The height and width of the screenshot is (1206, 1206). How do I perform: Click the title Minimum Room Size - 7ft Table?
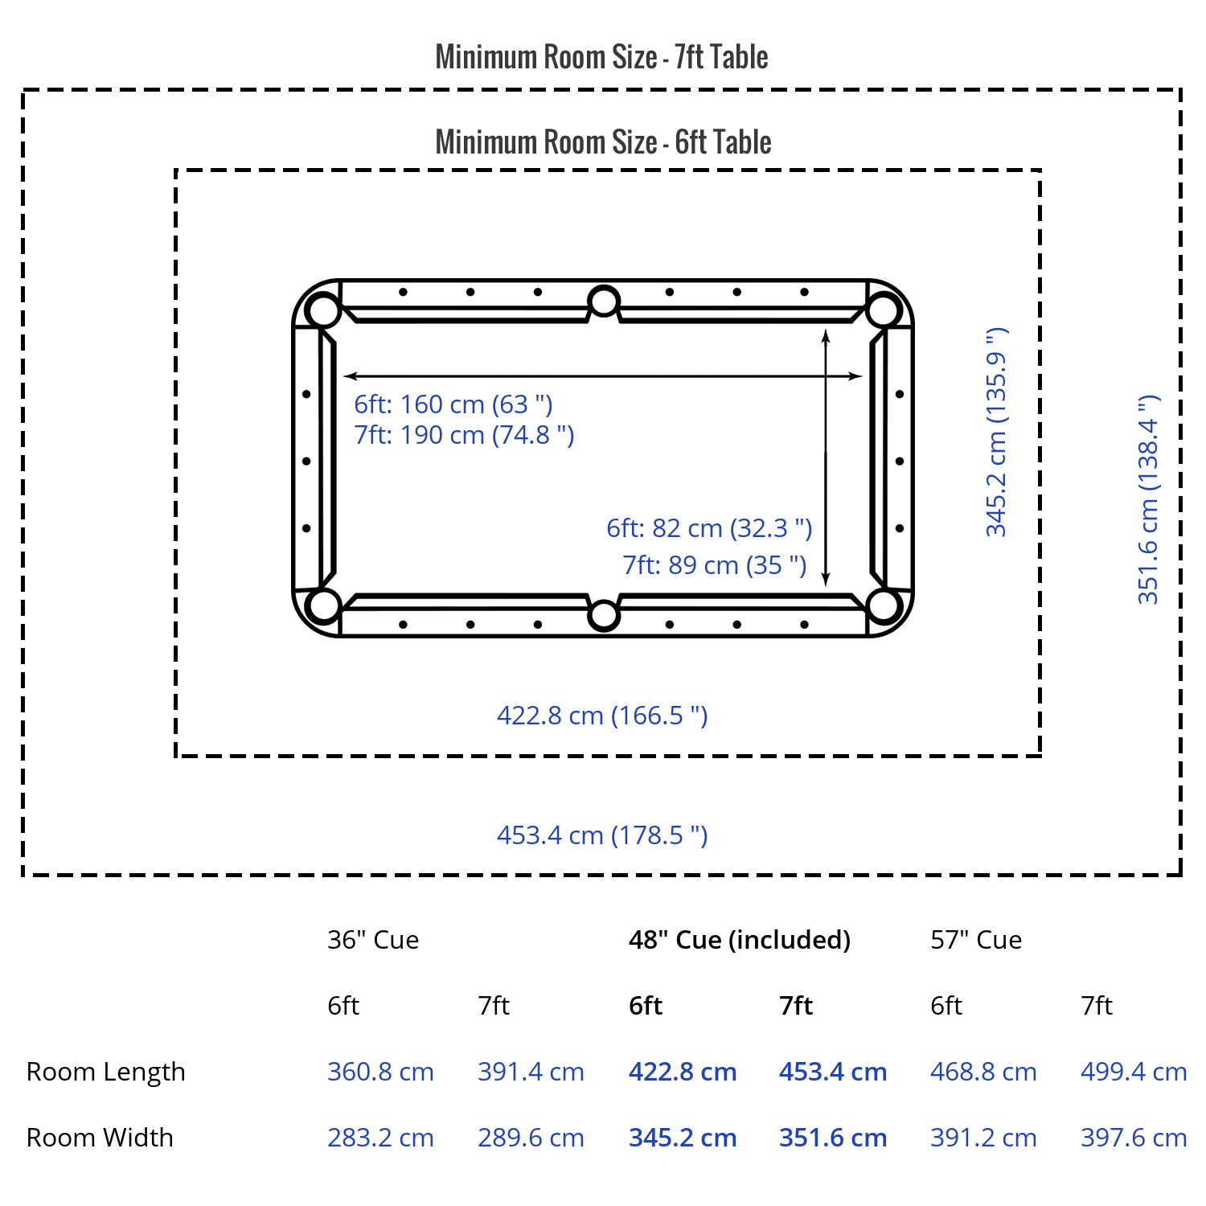coord(601,57)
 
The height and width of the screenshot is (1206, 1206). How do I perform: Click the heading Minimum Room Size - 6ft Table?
coord(603,142)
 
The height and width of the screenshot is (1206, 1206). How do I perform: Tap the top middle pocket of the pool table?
coord(604,302)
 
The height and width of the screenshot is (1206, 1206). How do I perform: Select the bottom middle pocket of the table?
coord(604,615)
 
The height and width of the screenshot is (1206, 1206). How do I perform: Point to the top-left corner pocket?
coord(323,310)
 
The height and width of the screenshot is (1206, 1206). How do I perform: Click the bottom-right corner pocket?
coord(884,606)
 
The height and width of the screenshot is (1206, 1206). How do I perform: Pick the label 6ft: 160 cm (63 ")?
coord(453,404)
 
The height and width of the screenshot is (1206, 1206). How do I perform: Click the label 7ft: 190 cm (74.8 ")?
coord(464,435)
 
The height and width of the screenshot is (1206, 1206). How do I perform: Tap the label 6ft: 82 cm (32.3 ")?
coord(709,528)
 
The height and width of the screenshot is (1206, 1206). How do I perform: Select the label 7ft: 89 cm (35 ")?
coord(715,565)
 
